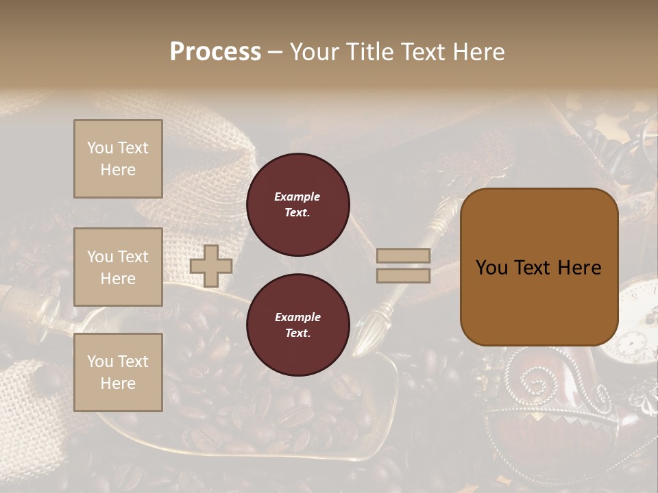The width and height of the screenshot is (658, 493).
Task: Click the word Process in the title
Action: (x=215, y=52)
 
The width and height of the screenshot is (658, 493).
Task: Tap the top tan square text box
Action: (x=118, y=159)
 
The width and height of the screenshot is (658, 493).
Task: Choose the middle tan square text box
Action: (x=118, y=267)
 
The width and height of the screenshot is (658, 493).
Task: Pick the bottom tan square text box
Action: (x=118, y=372)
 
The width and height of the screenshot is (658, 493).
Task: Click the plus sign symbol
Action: (x=210, y=266)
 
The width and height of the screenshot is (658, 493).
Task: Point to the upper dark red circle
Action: (x=297, y=204)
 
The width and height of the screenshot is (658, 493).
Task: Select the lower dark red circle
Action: (x=297, y=325)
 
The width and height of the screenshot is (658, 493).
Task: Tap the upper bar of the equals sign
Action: (x=403, y=255)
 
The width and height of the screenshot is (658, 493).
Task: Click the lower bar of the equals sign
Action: (x=403, y=275)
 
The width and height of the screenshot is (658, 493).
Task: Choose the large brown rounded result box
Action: (x=539, y=267)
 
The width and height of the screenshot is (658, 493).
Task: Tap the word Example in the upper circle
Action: (x=297, y=197)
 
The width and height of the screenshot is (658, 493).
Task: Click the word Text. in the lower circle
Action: (x=297, y=333)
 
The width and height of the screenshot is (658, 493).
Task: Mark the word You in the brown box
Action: (x=491, y=268)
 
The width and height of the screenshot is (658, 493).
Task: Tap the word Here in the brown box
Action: (x=579, y=268)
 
